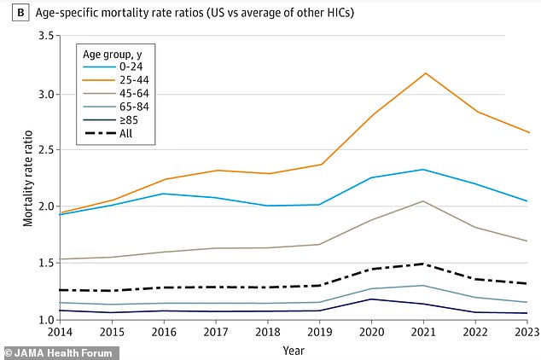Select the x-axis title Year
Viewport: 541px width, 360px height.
click(294, 349)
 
